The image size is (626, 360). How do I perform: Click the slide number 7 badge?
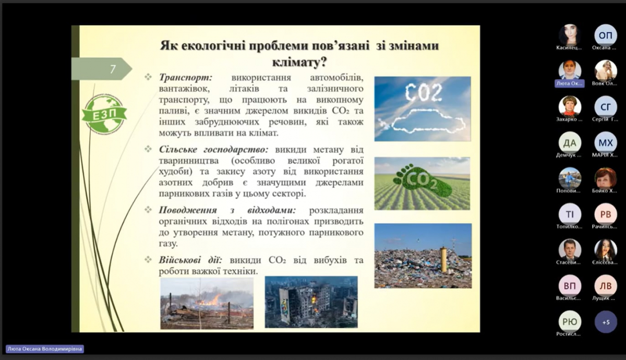[112, 69]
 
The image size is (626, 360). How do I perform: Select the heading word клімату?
[299, 63]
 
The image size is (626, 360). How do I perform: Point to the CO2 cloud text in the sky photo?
[423, 93]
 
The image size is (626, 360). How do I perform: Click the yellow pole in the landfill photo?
[444, 259]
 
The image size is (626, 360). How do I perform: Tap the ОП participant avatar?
[606, 35]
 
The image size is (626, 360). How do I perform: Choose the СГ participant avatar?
[606, 106]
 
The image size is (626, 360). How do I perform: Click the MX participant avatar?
[606, 142]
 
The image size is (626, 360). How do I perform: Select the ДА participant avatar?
[570, 142]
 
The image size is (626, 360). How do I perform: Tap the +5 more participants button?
[606, 322]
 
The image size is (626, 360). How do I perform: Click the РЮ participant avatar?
[570, 322]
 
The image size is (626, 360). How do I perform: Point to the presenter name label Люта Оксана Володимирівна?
[45, 349]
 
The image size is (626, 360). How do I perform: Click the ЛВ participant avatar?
[606, 285]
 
